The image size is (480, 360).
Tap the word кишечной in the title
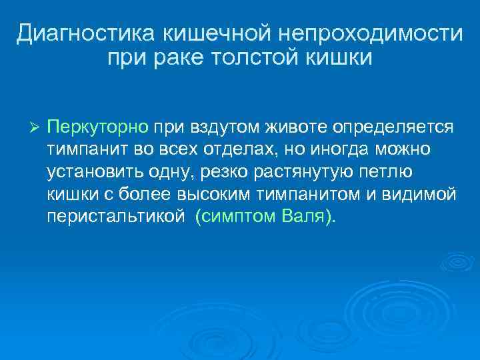click(204, 33)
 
